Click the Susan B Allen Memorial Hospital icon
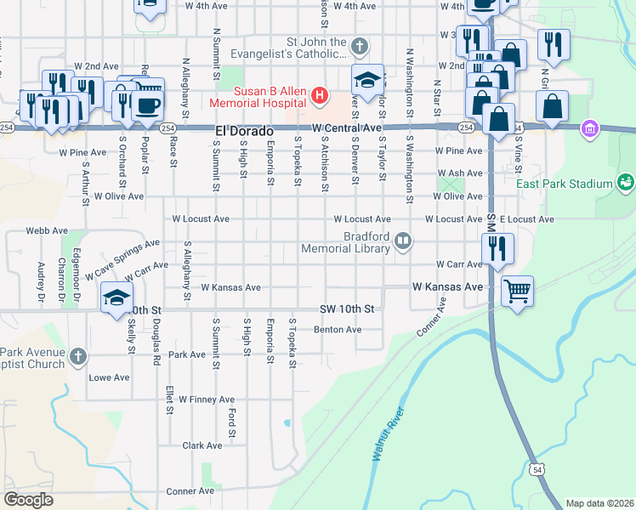319,94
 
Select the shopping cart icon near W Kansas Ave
517,291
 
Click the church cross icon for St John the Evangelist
360,45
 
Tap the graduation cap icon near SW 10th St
116,298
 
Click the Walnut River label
386,435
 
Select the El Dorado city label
244,132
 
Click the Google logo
28,500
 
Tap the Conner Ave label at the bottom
190,491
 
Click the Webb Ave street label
47,230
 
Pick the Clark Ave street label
202,445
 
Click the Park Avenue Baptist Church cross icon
78,355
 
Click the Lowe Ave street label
109,377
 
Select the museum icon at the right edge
588,129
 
